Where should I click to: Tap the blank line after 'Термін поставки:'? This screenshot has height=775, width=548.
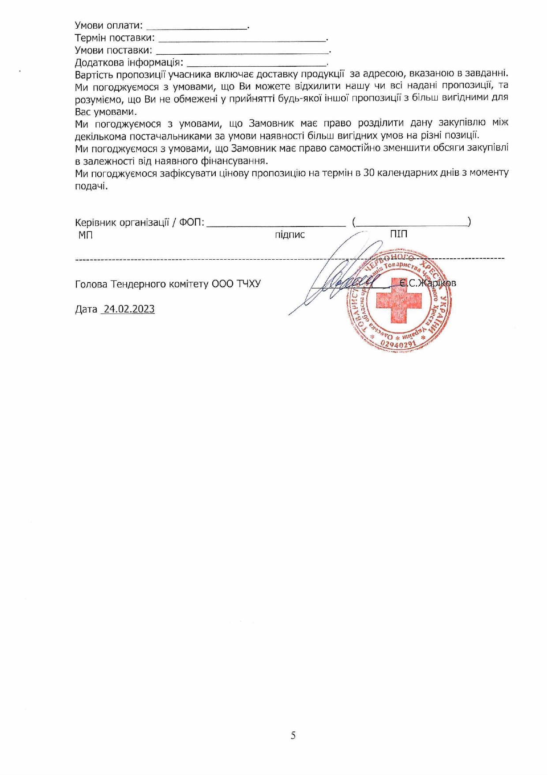tap(242, 40)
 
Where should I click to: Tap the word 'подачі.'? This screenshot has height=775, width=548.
tap(91, 186)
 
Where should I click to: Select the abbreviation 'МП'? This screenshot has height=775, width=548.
tap(86, 235)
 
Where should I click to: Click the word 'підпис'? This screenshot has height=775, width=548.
tap(289, 235)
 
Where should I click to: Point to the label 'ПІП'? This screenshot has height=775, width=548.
tap(398, 234)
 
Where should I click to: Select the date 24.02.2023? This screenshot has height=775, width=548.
tap(128, 309)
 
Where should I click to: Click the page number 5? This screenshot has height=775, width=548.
tap(293, 735)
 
